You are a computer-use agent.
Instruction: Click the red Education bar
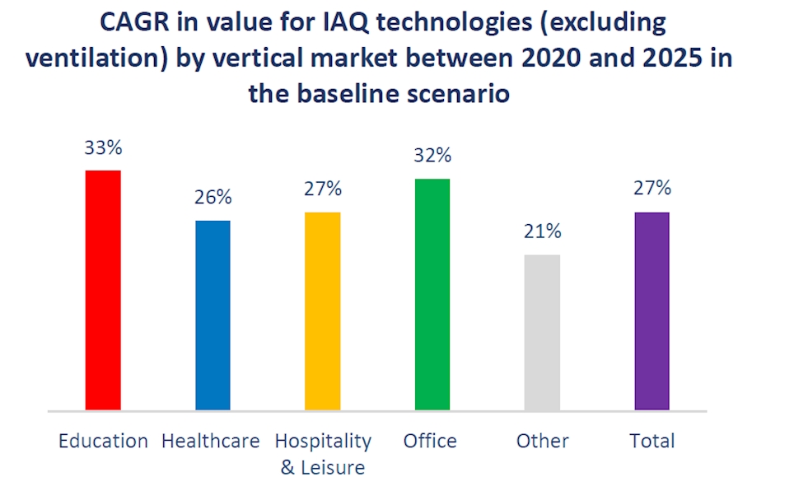click(103, 289)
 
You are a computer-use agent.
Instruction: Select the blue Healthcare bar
click(213, 315)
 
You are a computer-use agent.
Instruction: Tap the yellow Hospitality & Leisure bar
click(322, 311)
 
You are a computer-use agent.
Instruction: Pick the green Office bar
click(432, 293)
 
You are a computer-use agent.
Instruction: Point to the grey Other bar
click(542, 331)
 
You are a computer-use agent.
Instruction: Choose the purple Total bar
click(652, 311)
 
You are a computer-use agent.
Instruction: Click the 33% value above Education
click(103, 148)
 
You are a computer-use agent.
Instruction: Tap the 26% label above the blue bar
click(213, 198)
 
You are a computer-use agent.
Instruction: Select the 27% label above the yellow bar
click(322, 189)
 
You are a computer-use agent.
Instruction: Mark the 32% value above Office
click(432, 156)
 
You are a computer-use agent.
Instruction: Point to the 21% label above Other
click(542, 231)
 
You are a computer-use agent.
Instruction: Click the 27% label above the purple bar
click(652, 189)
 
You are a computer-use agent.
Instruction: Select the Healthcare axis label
click(211, 441)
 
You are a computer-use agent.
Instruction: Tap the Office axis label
click(430, 441)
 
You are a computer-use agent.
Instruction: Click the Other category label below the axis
click(543, 441)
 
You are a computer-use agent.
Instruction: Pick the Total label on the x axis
click(652, 441)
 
